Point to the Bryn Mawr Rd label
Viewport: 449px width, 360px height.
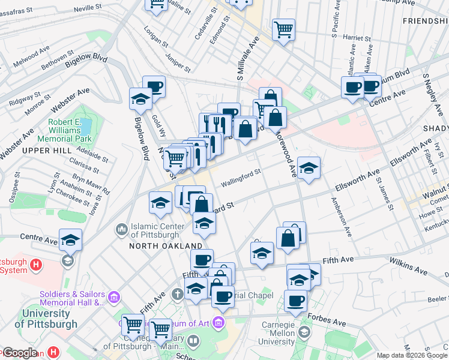(91, 184)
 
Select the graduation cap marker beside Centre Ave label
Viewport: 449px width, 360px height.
(70, 239)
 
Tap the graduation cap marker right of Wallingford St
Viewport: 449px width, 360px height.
(309, 167)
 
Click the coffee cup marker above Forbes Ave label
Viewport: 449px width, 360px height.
(295, 300)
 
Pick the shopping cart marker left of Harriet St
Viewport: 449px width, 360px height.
(283, 28)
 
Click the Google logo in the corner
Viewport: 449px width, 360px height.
(19, 353)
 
